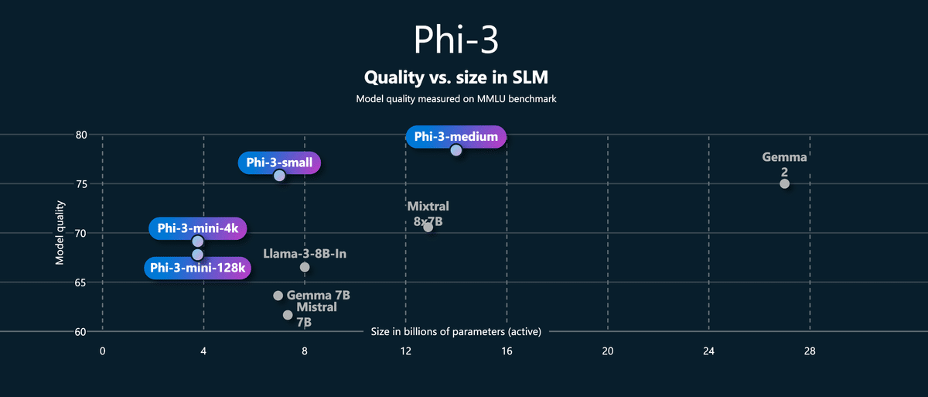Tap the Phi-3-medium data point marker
(456, 150)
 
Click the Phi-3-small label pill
(279, 163)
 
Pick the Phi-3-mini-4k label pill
(198, 228)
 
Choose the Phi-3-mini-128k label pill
(198, 268)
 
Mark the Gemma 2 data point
(784, 183)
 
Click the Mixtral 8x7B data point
(428, 227)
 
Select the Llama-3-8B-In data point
(305, 267)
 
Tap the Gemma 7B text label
(319, 296)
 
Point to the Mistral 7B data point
(288, 315)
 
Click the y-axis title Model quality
(60, 233)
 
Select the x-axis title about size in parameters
(456, 332)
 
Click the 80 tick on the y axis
(81, 135)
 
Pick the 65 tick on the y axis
(81, 282)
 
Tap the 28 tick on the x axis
(810, 351)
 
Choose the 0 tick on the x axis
(102, 351)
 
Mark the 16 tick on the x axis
(507, 351)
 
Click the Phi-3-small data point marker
(279, 176)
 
